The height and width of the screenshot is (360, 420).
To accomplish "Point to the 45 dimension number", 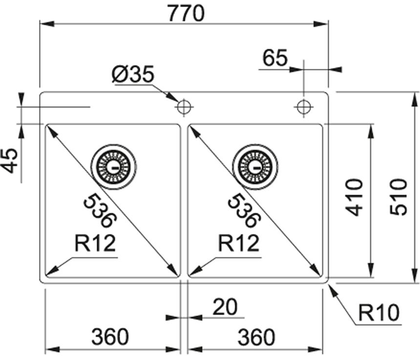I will tap(10, 160).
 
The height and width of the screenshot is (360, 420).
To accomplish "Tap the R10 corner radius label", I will tap(378, 311).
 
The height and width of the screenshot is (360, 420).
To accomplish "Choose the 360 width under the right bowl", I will tap(256, 337).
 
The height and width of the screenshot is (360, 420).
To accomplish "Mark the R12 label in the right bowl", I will tap(239, 243).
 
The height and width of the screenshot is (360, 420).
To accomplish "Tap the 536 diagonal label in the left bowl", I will tap(100, 211).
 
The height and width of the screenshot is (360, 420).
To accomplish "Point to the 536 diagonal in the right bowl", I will tap(243, 211).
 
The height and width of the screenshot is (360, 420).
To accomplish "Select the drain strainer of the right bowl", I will tap(254, 167).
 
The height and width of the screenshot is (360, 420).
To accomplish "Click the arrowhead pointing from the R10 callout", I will tap(332, 288).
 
